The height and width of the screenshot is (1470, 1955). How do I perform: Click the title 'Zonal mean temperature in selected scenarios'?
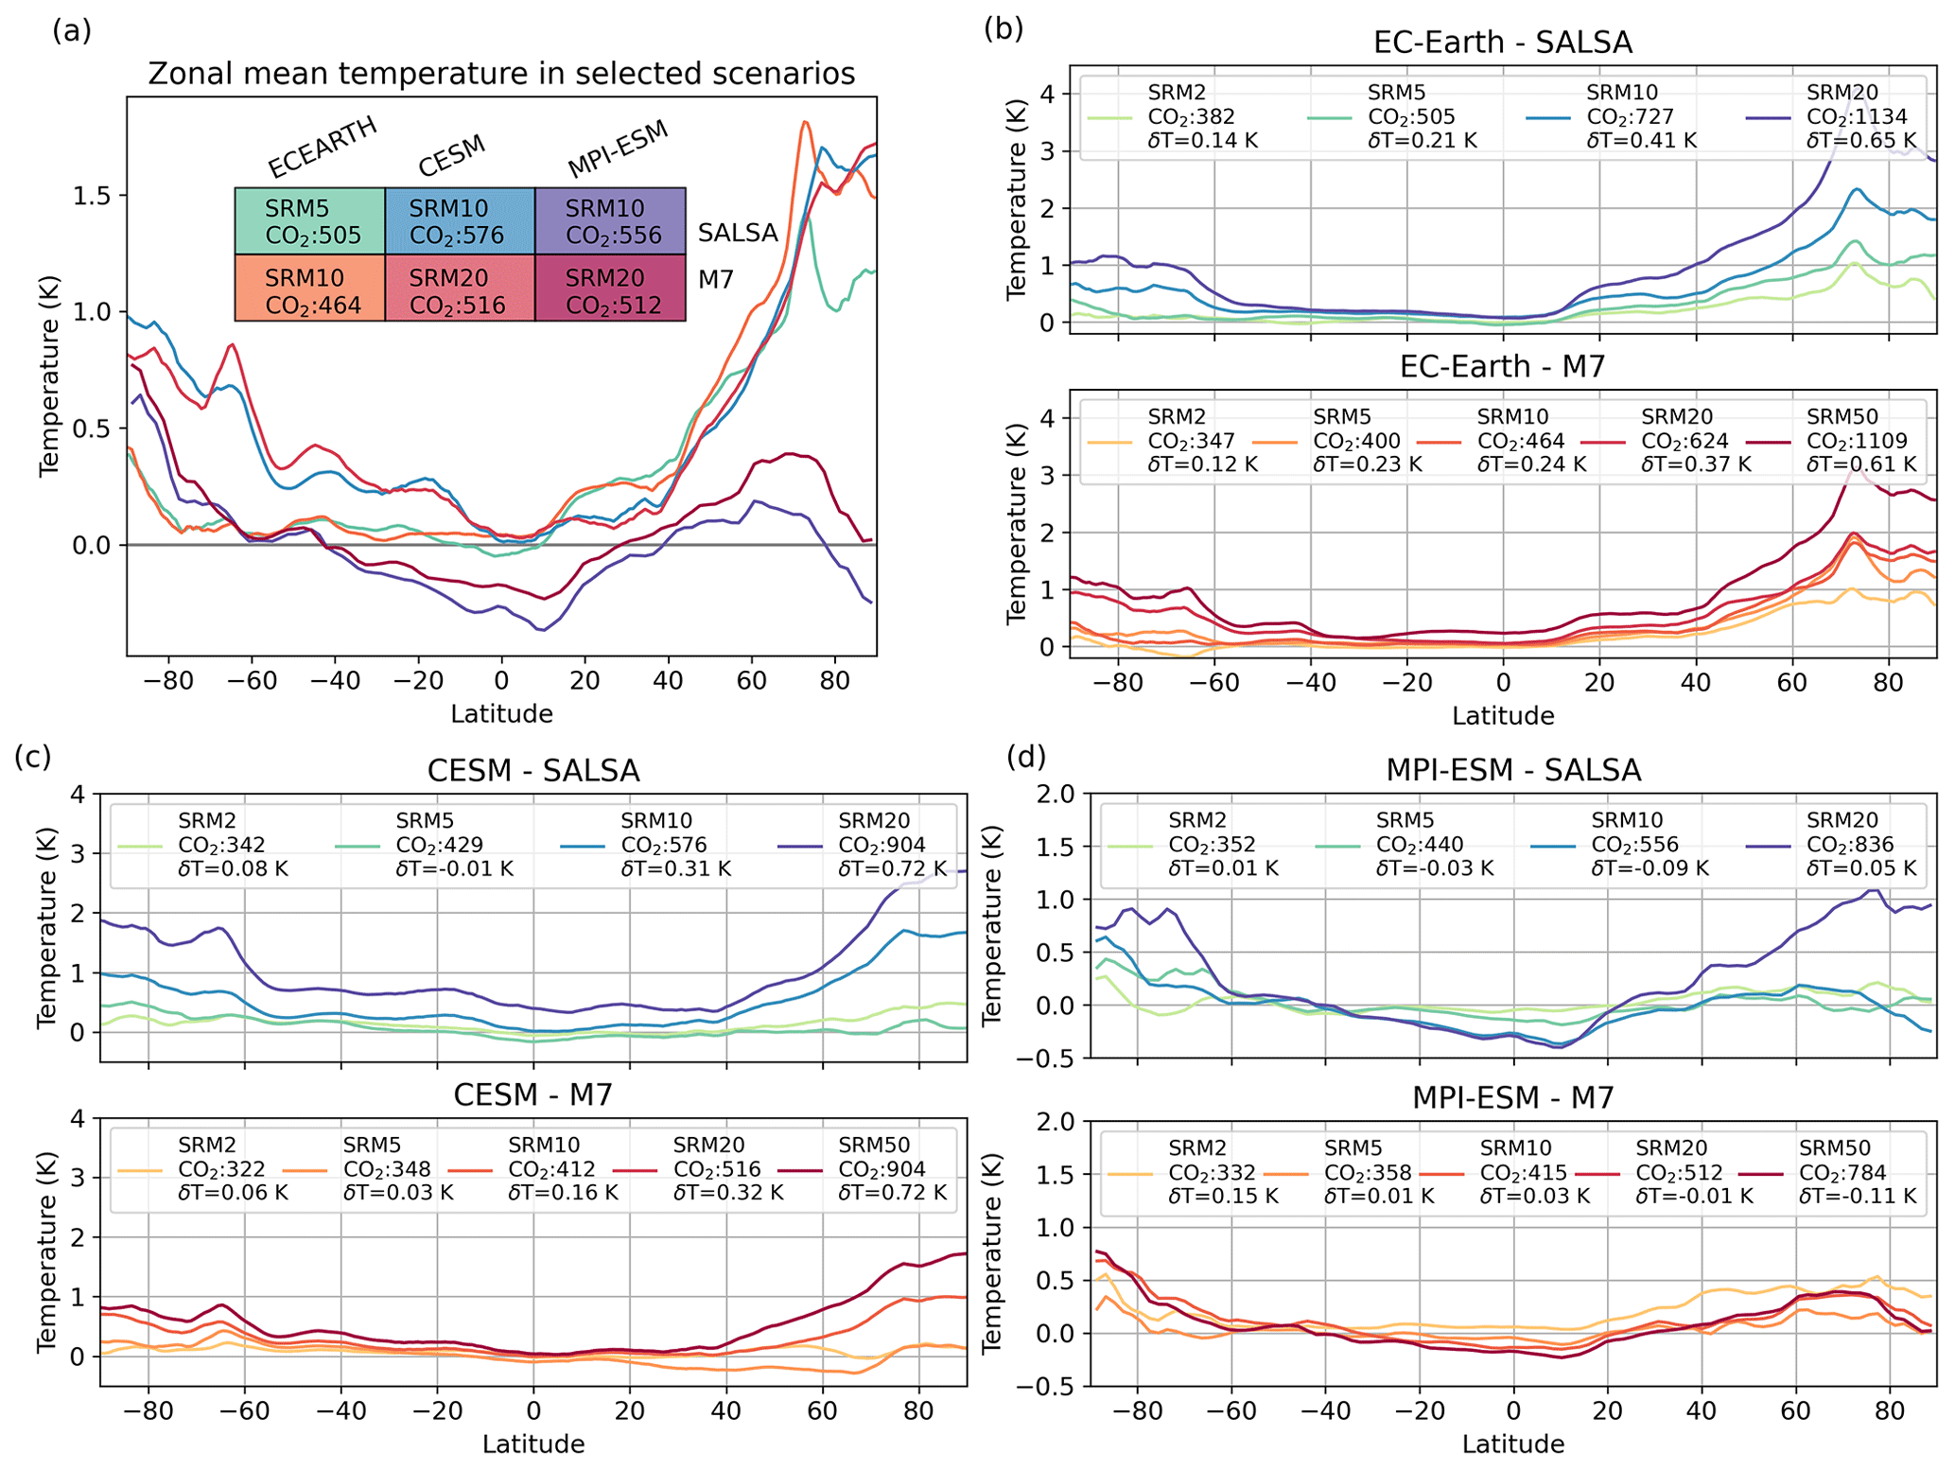[501, 74]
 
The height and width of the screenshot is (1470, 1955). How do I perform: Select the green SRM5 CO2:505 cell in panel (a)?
[310, 221]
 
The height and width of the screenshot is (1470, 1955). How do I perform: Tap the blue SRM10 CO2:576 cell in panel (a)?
[460, 221]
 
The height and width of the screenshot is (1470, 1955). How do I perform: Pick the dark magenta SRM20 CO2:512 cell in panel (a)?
[610, 290]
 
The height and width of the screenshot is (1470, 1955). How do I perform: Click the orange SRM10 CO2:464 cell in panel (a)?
[310, 290]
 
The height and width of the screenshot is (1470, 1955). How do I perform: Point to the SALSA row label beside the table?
[738, 233]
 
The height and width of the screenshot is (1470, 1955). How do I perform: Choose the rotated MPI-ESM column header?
[618, 149]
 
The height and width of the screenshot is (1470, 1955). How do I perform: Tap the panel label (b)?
[1004, 29]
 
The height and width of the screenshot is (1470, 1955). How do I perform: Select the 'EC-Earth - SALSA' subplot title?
[1502, 43]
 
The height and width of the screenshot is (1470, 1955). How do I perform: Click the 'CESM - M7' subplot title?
[532, 1095]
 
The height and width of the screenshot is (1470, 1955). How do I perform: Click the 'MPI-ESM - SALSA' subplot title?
[1512, 771]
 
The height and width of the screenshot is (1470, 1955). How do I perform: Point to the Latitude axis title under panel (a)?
[501, 714]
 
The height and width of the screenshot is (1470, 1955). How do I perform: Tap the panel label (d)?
[1027, 757]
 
